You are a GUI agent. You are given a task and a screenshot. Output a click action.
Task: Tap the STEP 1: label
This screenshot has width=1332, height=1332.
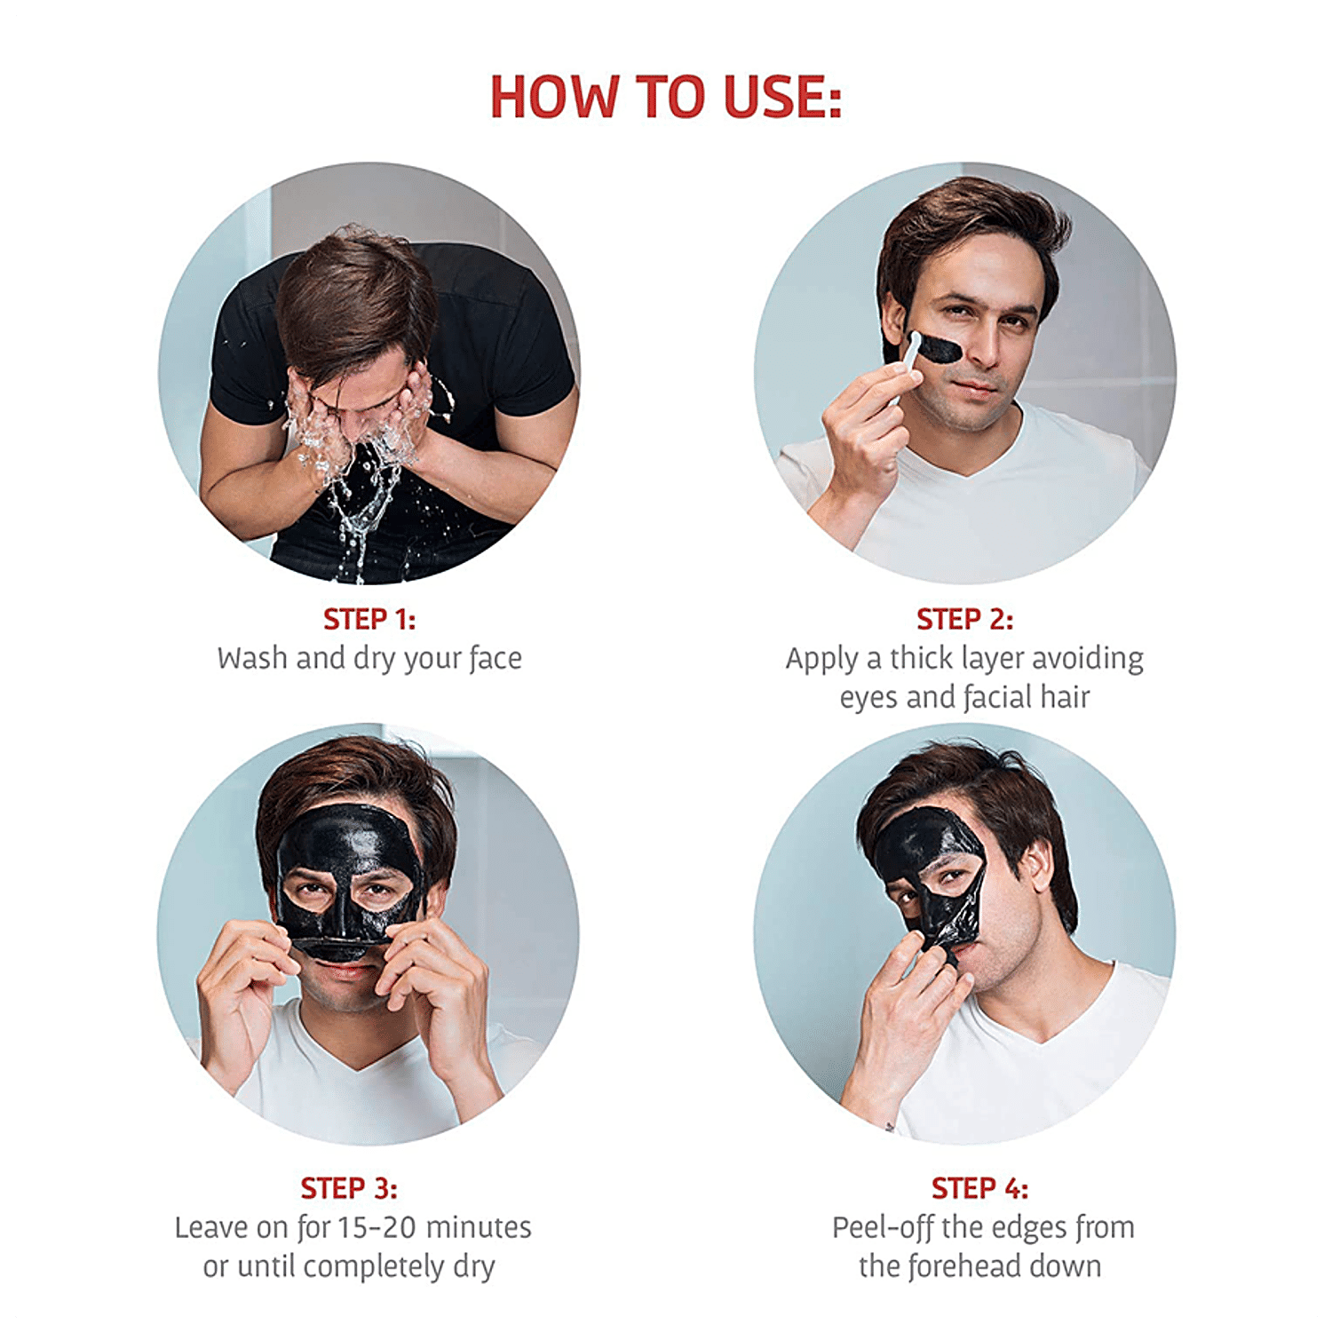(369, 619)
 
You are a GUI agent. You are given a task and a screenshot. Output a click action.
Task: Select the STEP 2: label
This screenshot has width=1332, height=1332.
(965, 619)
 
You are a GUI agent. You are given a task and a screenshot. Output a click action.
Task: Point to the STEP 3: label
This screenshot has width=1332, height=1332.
(349, 1188)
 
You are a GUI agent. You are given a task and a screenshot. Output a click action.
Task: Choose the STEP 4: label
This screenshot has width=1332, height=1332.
(980, 1188)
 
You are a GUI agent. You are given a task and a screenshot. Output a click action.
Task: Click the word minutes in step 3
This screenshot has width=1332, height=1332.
(478, 1227)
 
